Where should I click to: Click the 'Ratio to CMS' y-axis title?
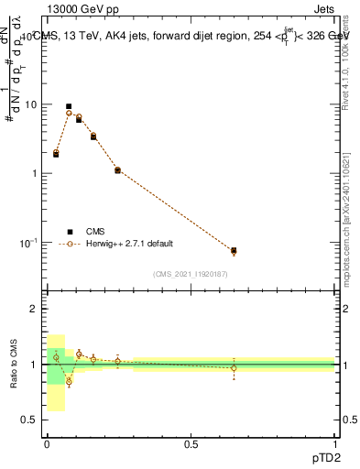pyautogui.click(x=14, y=365)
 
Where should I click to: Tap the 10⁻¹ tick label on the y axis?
pyautogui.click(x=28, y=243)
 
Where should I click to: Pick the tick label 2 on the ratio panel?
pyautogui.click(x=34, y=310)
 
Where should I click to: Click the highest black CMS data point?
pyautogui.click(x=69, y=106)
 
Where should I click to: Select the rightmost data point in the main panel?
pyautogui.click(x=234, y=250)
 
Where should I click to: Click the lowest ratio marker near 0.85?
pyautogui.click(x=69, y=381)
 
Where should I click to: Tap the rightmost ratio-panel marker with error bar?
pyautogui.click(x=234, y=368)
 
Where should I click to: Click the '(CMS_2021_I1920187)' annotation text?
pyautogui.click(x=191, y=274)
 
